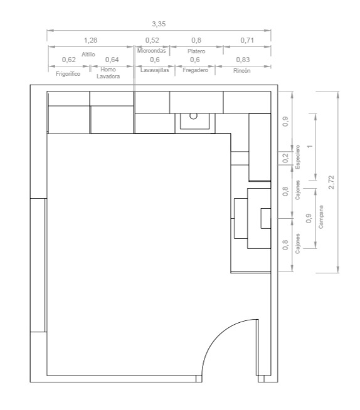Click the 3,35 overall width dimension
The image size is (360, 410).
pyautogui.click(x=159, y=24)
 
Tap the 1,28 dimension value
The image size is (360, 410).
pyautogui.click(x=90, y=40)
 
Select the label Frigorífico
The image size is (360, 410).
pyautogui.click(x=68, y=74)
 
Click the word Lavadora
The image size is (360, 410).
pyautogui.click(x=109, y=76)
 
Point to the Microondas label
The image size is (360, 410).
pyautogui.click(x=152, y=51)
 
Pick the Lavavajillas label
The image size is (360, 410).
pyautogui.click(x=155, y=70)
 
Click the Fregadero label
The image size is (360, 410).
pyautogui.click(x=196, y=70)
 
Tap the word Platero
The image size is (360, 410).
pyautogui.click(x=196, y=51)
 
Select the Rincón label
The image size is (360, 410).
pyautogui.click(x=241, y=71)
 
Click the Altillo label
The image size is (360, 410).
pyautogui.click(x=88, y=55)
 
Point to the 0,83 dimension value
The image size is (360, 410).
pyautogui.click(x=243, y=60)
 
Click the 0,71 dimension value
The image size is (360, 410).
pyautogui.click(x=247, y=40)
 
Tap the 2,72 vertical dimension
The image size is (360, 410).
pyautogui.click(x=332, y=182)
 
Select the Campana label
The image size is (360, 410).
pyautogui.click(x=320, y=217)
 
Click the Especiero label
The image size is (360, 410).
pyautogui.click(x=297, y=157)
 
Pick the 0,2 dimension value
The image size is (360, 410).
pyautogui.click(x=286, y=158)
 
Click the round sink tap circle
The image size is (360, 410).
pyautogui.click(x=193, y=116)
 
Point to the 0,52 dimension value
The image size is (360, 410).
pyautogui.click(x=152, y=40)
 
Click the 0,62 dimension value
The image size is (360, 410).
pyautogui.click(x=69, y=60)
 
